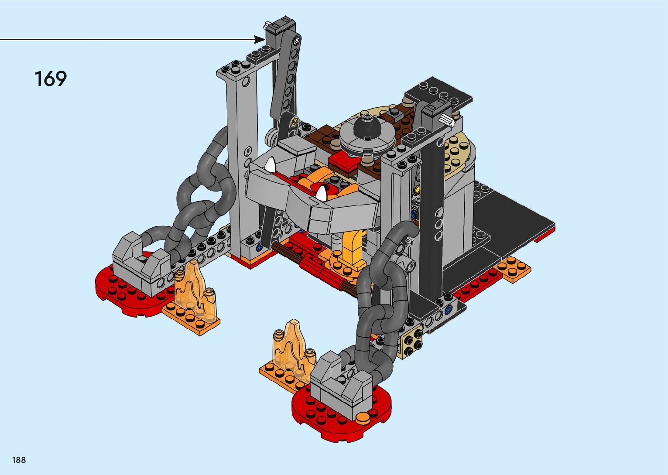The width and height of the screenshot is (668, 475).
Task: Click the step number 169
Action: point(51,79)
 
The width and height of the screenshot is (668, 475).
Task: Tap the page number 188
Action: point(19,460)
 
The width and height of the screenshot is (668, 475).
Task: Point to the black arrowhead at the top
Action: point(260,39)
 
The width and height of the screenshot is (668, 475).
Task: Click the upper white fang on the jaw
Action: point(271,164)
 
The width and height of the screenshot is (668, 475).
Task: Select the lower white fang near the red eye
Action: point(322,193)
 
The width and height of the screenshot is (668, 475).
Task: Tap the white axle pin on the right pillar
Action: point(447,120)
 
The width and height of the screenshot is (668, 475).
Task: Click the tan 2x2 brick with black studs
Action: point(410,343)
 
